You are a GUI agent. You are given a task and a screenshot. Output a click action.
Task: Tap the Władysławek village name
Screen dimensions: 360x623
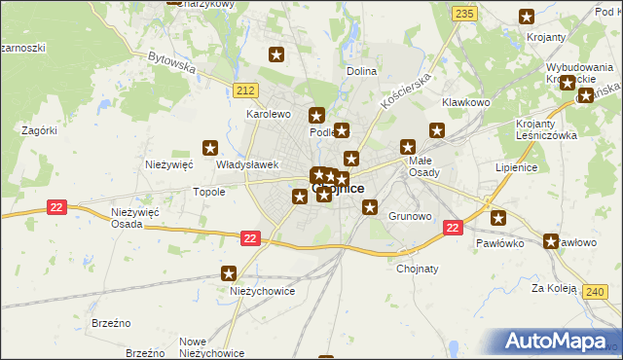[x=248, y=164]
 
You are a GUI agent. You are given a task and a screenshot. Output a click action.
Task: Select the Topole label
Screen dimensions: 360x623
[x=209, y=192]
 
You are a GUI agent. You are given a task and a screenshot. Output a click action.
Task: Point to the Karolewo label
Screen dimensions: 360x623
[x=269, y=114]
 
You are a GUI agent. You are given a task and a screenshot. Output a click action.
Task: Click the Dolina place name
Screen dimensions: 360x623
[x=361, y=72]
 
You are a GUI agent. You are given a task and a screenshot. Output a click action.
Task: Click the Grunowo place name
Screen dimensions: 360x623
[x=410, y=216]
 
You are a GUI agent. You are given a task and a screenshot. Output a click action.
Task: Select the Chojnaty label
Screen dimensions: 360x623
[x=418, y=269]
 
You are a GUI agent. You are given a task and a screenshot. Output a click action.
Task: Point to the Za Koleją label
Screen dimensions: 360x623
[x=555, y=288]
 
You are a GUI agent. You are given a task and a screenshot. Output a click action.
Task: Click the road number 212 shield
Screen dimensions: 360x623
[x=245, y=90]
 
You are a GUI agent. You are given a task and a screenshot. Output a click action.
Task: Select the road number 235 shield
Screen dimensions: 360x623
[x=464, y=13]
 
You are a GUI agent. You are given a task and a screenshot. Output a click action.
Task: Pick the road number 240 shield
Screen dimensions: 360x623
[x=596, y=291]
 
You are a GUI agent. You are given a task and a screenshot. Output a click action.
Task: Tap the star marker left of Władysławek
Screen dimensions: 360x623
[x=209, y=148]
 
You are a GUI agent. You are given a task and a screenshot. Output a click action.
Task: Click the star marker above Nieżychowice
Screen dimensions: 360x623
[x=229, y=274]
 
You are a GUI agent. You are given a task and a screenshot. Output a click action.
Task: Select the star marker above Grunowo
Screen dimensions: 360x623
[x=370, y=206]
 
